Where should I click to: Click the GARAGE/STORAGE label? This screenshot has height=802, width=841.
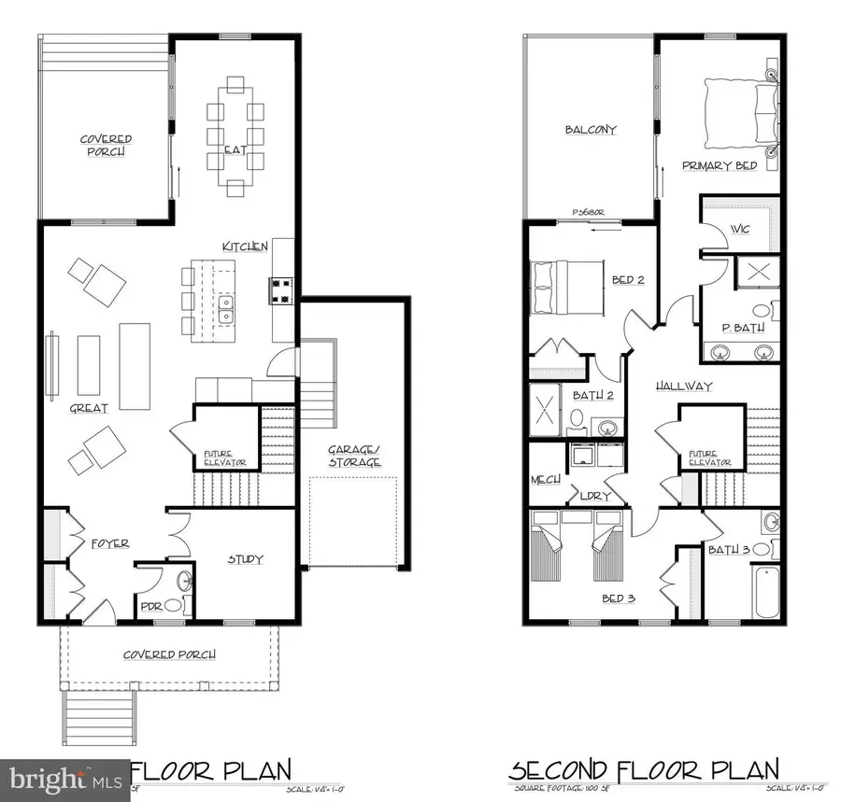[354, 456]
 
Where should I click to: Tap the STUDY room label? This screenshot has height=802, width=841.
[246, 559]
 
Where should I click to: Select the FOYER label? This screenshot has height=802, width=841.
[110, 542]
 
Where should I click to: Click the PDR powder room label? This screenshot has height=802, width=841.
[150, 606]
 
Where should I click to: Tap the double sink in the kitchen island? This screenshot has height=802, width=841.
[226, 310]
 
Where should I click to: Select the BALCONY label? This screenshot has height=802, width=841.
[591, 130]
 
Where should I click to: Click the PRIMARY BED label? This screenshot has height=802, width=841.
[719, 165]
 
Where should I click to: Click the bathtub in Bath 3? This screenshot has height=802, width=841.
[766, 592]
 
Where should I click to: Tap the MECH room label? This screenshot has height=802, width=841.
[545, 479]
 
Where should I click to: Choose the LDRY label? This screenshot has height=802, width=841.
[594, 496]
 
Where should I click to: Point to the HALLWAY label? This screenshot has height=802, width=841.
[683, 386]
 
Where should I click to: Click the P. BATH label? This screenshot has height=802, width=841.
[744, 328]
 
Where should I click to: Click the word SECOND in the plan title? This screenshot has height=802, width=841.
[559, 771]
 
